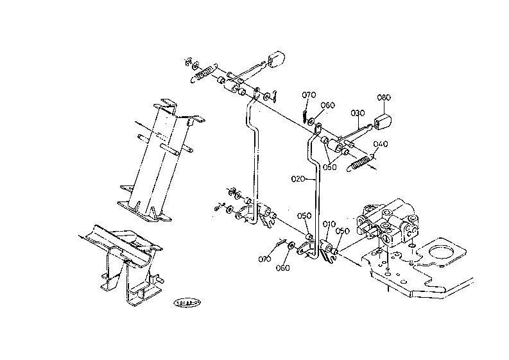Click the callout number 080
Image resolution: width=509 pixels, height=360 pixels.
383,98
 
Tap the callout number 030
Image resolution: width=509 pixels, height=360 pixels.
358,113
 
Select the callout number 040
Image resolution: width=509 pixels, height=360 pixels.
381,144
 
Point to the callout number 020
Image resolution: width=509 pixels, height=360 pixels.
297,179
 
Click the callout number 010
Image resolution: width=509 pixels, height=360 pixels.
329,224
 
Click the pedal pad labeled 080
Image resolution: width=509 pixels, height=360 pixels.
383,121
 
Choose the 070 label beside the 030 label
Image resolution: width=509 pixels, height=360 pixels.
308,96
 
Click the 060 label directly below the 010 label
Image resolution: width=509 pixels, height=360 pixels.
282,267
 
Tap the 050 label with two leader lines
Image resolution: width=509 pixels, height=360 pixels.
330,167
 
